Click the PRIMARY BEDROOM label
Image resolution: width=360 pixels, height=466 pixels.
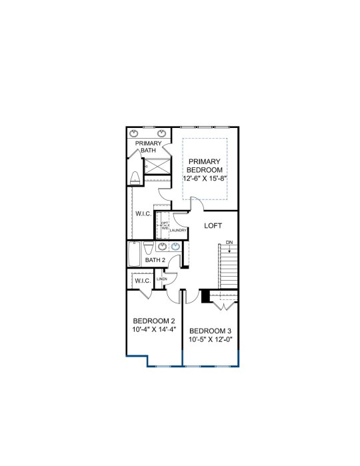tap(205, 166)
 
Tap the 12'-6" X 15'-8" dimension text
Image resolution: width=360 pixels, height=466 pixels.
tap(205, 179)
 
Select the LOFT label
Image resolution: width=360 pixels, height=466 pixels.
tap(213, 226)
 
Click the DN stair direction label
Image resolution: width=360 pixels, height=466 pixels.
tap(229, 242)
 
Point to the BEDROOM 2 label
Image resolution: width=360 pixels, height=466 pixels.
tap(154, 321)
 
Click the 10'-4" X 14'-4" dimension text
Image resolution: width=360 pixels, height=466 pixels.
tap(154, 329)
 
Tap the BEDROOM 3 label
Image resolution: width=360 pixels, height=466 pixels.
tap(210, 331)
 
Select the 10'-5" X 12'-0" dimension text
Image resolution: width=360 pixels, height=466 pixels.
tap(210, 339)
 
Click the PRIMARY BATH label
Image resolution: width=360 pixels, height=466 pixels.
tap(149, 147)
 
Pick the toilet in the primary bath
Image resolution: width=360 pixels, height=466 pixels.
tap(135, 178)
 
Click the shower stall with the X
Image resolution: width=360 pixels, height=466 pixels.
tap(157, 166)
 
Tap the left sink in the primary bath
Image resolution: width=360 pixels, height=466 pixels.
tap(134, 133)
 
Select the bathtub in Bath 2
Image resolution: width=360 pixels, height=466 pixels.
tap(134, 255)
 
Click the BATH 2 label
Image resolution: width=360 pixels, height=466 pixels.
tap(155, 260)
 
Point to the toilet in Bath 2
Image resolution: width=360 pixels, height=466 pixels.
tap(148, 248)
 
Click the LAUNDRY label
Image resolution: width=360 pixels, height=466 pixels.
tap(178, 230)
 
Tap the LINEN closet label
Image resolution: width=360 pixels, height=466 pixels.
tap(162, 279)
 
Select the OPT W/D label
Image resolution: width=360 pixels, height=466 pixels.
tap(165, 225)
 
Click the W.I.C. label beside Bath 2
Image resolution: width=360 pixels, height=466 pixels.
tap(143, 281)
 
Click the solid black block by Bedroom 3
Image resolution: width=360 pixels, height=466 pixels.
tap(205, 296)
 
